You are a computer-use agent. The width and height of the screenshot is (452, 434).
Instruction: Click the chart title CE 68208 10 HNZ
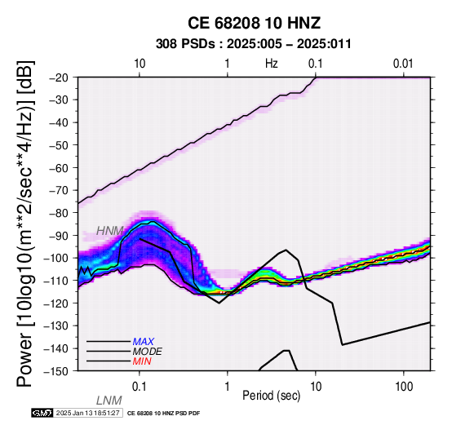(x=254, y=23)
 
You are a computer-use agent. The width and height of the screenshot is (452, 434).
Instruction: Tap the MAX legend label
(x=144, y=342)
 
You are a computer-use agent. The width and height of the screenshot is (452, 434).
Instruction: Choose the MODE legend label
(x=148, y=352)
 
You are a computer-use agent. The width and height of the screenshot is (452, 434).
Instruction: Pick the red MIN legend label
(x=142, y=361)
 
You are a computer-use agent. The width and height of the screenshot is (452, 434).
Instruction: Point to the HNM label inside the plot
(x=109, y=231)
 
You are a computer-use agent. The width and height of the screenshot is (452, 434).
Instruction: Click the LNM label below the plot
(x=109, y=401)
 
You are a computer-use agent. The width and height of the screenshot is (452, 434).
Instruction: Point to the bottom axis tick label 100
(x=404, y=387)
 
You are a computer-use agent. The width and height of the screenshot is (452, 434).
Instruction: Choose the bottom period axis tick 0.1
(x=140, y=387)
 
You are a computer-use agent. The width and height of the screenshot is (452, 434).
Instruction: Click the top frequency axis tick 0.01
(x=403, y=64)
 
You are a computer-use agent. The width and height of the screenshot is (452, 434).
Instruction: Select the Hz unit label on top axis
(x=272, y=64)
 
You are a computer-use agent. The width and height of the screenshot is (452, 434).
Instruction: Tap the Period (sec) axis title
(x=271, y=396)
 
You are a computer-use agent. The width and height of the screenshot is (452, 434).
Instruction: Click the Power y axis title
(x=25, y=224)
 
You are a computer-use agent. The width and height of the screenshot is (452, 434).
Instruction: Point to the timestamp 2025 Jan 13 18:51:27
(x=87, y=413)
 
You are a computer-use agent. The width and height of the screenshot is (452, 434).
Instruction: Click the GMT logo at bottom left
(x=42, y=413)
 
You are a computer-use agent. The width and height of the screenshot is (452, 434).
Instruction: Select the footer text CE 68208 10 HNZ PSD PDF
(x=163, y=414)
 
